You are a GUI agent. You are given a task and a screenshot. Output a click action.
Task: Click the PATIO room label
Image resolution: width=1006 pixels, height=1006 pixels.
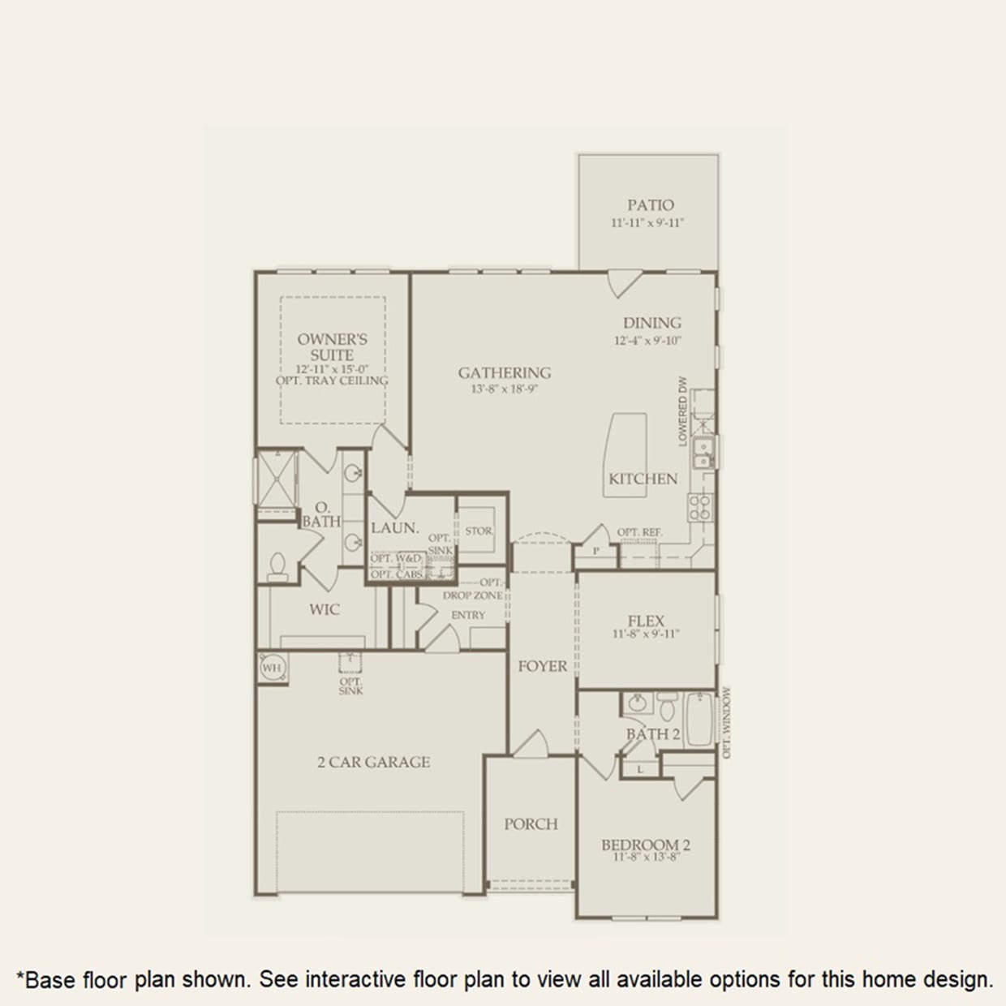[x=650, y=205]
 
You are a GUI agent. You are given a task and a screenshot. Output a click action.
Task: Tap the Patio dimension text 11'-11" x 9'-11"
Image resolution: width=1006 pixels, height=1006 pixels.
[x=647, y=222]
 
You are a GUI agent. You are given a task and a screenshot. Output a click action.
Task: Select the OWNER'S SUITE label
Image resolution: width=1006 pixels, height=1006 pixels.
[x=332, y=347]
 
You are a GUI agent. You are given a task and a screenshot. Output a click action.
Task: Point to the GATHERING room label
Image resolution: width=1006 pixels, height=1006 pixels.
[x=504, y=373]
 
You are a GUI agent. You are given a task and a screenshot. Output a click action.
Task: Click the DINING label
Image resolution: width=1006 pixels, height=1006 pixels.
[x=651, y=323]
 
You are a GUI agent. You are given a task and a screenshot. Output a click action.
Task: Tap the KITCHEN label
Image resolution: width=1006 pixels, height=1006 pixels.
[x=643, y=479]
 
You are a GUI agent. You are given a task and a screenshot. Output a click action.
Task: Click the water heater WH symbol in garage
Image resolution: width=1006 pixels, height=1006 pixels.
[x=272, y=668]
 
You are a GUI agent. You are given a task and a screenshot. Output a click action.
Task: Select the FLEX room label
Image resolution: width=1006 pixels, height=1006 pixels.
[x=646, y=621]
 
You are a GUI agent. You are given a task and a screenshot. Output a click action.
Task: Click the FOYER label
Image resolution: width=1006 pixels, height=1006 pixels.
[x=543, y=666]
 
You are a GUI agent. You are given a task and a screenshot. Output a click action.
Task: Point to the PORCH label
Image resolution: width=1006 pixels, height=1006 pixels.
[x=531, y=824]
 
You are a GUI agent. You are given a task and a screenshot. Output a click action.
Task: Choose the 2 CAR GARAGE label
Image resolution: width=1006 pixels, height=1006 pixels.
[x=373, y=762]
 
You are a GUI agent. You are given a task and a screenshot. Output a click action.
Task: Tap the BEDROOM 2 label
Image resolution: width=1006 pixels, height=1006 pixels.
[x=646, y=845]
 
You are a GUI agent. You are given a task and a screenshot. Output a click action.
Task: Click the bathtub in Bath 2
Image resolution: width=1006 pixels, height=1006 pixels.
[x=699, y=719]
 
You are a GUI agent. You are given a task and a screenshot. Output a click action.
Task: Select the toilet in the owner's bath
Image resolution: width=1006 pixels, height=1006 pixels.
[x=277, y=565]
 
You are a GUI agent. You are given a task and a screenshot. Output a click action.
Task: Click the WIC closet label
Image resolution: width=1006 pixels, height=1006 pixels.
[x=324, y=609]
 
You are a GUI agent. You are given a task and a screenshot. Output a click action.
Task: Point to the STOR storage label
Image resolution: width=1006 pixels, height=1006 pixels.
[x=479, y=531]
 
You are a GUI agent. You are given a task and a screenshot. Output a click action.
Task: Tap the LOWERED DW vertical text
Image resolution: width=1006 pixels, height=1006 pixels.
[x=683, y=411]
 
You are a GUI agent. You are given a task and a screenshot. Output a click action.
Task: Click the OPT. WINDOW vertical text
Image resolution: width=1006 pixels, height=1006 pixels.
[x=726, y=723]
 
